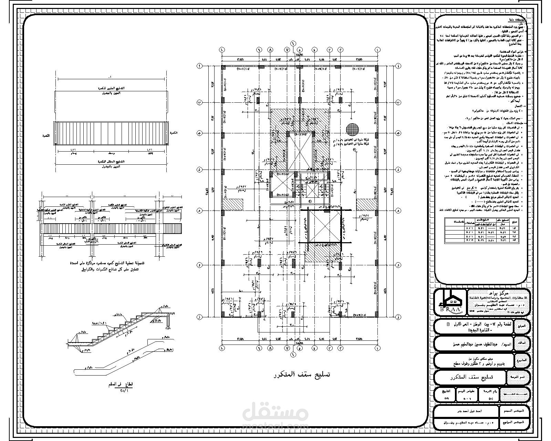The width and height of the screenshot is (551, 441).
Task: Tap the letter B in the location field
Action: pyautogui.click(x=448, y=325)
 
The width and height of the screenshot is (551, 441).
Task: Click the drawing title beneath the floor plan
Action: pyautogui.click(x=301, y=375)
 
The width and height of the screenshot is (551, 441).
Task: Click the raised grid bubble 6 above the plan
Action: pyautogui.click(x=293, y=43)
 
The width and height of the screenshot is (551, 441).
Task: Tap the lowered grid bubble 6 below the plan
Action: pyautogui.click(x=293, y=354)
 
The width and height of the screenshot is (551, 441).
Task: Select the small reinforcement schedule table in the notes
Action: pyautogui.click(x=482, y=230)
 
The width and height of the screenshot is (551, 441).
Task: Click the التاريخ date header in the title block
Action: pyautogui.click(x=446, y=391)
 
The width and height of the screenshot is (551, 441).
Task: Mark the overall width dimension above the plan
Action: pyautogui.click(x=299, y=55)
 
